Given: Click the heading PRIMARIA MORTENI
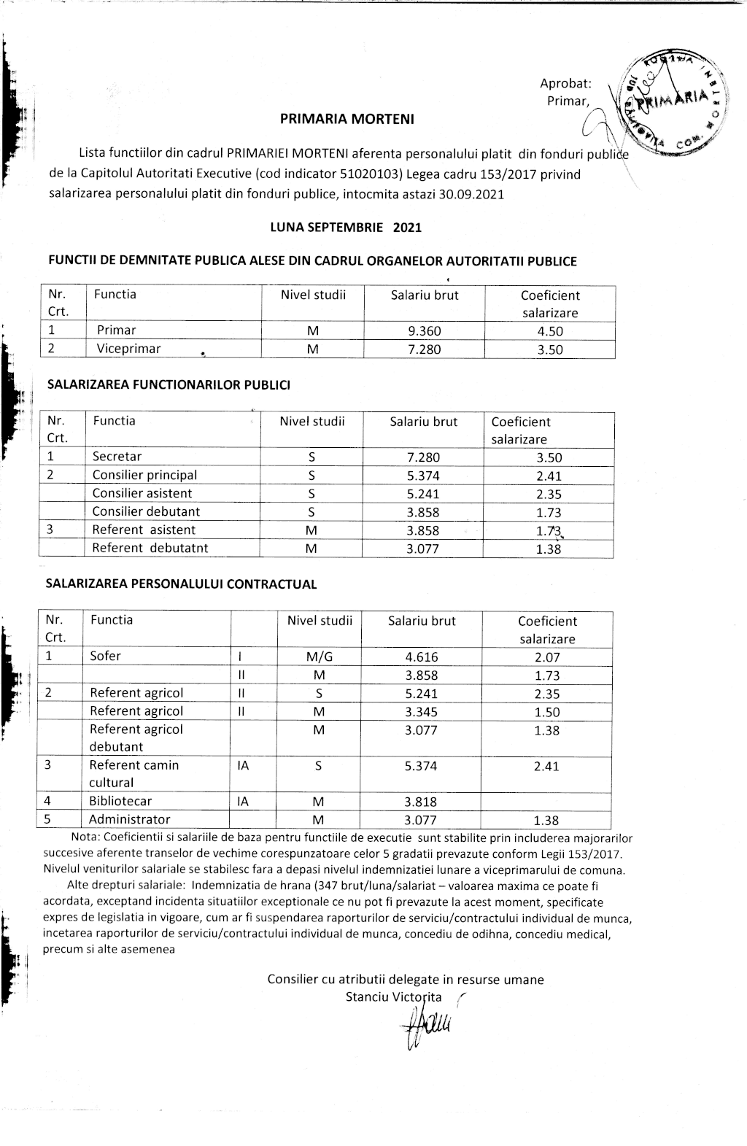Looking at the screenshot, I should (347, 119).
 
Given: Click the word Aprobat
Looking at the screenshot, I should (565, 84).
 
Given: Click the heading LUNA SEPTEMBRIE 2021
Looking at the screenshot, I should (346, 227).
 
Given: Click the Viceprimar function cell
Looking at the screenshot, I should (128, 349).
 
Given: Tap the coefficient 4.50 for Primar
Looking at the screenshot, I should (550, 331).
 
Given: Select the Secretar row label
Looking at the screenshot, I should (117, 457).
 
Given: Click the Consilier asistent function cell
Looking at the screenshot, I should (142, 493).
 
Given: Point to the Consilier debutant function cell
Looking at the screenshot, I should (146, 511).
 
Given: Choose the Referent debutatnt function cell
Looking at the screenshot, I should (150, 548).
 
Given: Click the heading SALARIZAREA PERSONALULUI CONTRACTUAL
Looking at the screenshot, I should (182, 584).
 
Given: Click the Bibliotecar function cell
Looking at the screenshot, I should (120, 801).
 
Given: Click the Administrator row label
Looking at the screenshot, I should (129, 819).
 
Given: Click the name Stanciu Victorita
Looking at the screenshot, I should (394, 996).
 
